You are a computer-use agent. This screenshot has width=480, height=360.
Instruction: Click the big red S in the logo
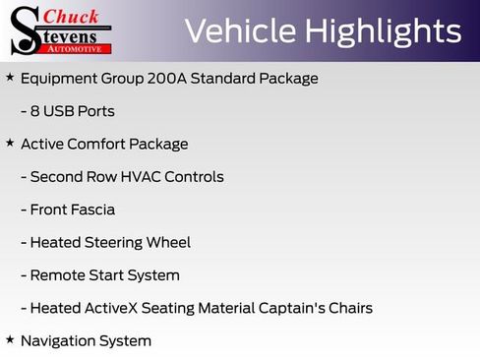coord(26,30)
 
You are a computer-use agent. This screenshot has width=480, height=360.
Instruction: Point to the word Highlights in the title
coord(385,31)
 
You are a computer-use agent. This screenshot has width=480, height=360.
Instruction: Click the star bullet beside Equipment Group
coord(10,77)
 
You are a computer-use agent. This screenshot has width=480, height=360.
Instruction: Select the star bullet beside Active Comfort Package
coord(10,143)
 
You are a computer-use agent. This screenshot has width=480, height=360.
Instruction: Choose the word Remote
coord(58,275)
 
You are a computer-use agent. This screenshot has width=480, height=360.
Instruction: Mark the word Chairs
coord(349,308)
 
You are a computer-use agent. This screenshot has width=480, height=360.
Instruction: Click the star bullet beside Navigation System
coord(10,339)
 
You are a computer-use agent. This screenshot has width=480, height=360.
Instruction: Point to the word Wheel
coord(168,243)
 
